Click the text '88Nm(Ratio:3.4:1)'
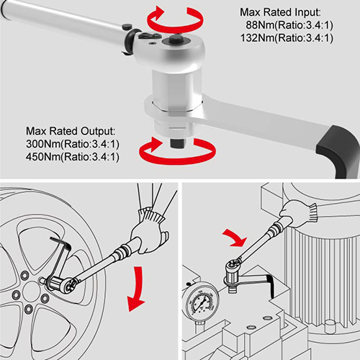pyautogui.click(x=289, y=25)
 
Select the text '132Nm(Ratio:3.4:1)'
pyautogui.click(x=287, y=38)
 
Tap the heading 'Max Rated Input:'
pyautogui.click(x=280, y=12)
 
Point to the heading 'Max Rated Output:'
pyautogui.click(x=71, y=131)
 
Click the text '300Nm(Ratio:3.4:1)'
pyautogui.click(x=73, y=144)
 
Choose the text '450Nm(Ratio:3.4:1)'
pyautogui.click(x=73, y=157)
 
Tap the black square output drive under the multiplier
pyautogui.click(x=178, y=143)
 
